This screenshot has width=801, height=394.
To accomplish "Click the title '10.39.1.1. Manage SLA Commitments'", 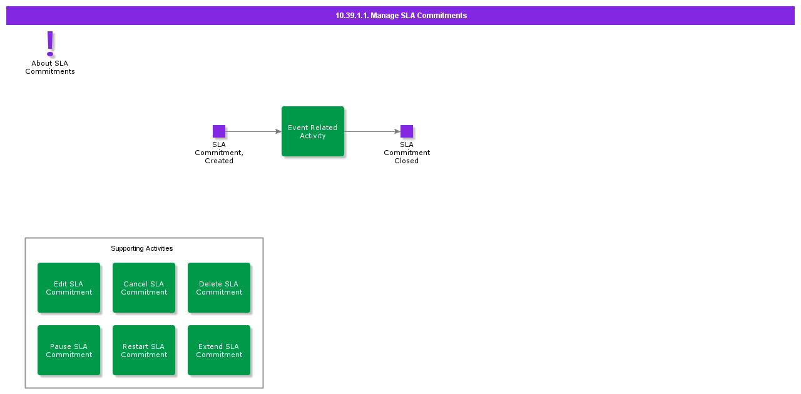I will pyautogui.click(x=400, y=16).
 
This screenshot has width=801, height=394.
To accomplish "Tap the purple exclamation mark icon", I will pyautogui.click(x=51, y=43).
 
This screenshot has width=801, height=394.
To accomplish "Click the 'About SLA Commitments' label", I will pyautogui.click(x=50, y=68).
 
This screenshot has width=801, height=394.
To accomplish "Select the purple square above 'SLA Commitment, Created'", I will pyautogui.click(x=219, y=131).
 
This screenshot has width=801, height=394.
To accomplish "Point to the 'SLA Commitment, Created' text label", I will pyautogui.click(x=219, y=153).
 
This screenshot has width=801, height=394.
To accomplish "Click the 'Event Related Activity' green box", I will pyautogui.click(x=313, y=131).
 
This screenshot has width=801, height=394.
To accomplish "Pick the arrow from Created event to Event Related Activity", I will pyautogui.click(x=253, y=131).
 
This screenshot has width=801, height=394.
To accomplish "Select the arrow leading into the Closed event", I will pyautogui.click(x=372, y=131).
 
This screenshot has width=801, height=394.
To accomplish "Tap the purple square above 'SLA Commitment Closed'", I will pyautogui.click(x=407, y=131).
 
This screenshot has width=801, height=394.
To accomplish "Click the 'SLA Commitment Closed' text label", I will pyautogui.click(x=407, y=153).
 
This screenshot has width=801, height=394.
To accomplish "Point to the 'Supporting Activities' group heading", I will pyautogui.click(x=142, y=249).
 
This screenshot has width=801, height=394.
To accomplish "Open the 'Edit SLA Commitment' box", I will pyautogui.click(x=69, y=288).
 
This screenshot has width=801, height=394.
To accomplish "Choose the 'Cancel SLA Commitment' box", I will pyautogui.click(x=144, y=288).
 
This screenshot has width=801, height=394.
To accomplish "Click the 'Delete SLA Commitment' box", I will pyautogui.click(x=219, y=288).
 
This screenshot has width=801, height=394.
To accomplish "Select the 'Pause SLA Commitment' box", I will pyautogui.click(x=69, y=350).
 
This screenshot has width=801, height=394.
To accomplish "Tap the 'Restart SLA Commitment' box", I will pyautogui.click(x=144, y=350).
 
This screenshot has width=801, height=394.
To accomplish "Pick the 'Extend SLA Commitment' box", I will pyautogui.click(x=219, y=350).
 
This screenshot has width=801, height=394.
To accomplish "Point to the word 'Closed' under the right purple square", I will pyautogui.click(x=406, y=161).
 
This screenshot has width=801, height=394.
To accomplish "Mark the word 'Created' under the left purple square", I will pyautogui.click(x=219, y=161).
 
